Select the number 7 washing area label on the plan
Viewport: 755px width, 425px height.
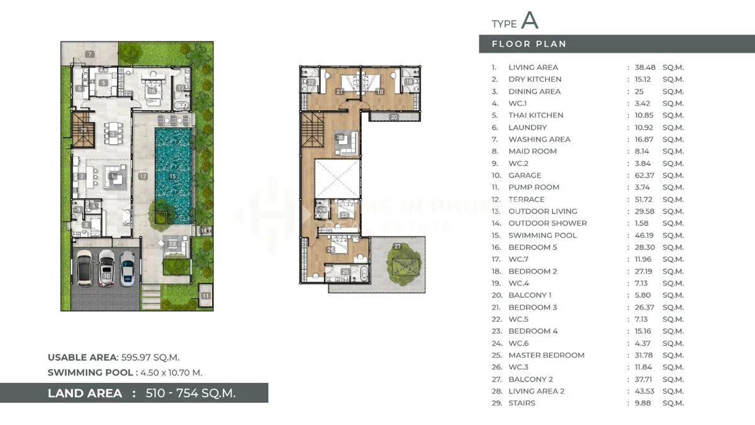pos(90,55)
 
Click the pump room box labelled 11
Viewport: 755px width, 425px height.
pos(206,295)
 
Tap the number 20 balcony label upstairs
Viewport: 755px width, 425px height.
pos(393,116)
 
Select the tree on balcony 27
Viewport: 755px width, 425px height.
pos(398,263)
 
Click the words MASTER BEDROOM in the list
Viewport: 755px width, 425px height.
pos(546,355)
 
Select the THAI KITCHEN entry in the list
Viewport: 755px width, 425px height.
pos(535,115)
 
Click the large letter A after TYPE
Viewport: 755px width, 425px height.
pos(530,20)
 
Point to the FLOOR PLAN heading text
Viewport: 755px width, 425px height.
pos(528,44)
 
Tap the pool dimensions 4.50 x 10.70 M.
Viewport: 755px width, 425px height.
pos(171,372)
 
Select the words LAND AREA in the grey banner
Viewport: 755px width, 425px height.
pos(85,393)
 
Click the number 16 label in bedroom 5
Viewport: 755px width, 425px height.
pos(152,91)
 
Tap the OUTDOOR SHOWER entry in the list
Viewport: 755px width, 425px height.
pos(547,223)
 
